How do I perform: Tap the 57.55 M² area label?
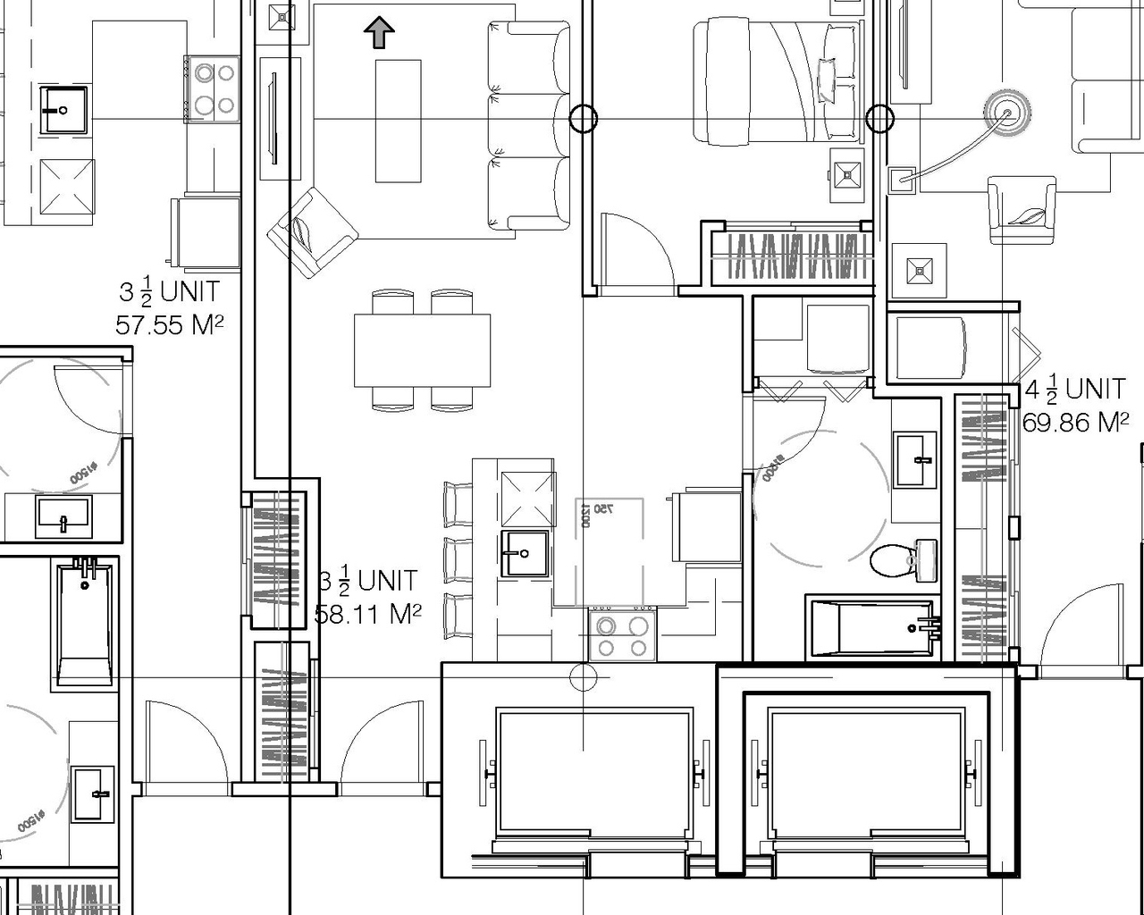(x=169, y=324)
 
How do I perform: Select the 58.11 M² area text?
(x=367, y=614)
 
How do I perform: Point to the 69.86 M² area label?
(x=1075, y=422)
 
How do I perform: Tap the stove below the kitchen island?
(x=622, y=635)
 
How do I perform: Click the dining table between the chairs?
(x=422, y=349)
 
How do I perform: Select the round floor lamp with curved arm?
(x=1005, y=113)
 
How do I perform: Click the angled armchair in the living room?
(x=312, y=231)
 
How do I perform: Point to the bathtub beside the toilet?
(x=872, y=627)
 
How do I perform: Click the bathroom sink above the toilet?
(x=916, y=459)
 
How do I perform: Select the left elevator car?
(x=594, y=772)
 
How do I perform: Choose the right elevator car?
(x=867, y=772)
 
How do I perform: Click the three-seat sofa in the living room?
(x=527, y=125)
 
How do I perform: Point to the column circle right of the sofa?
(x=583, y=118)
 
